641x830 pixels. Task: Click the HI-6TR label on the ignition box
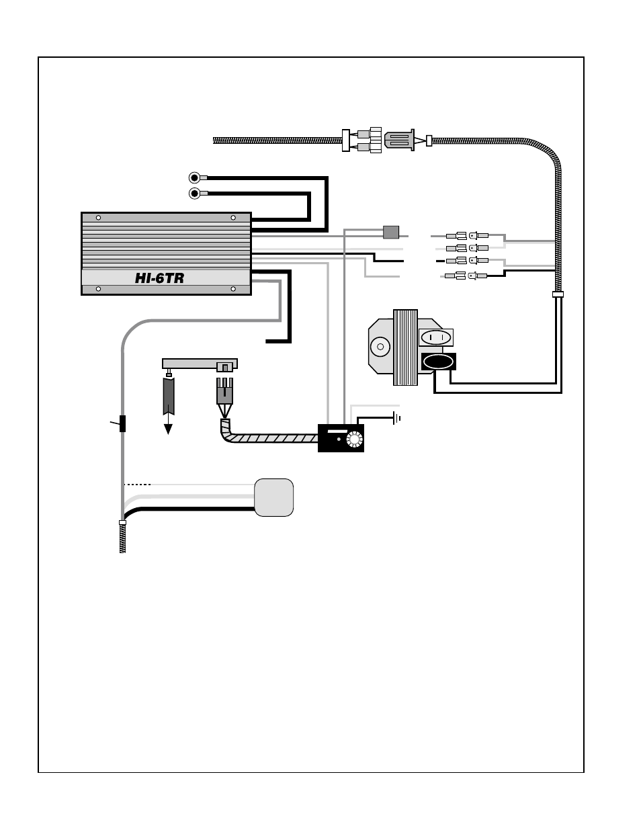point(159,278)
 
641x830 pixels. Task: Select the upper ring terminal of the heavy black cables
point(195,177)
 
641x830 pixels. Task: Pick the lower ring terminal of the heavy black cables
point(195,194)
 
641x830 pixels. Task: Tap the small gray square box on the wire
point(390,232)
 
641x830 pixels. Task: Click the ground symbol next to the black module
point(398,418)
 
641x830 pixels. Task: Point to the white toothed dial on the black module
point(354,440)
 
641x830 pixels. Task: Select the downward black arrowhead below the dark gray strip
point(168,428)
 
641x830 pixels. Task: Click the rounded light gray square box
point(274,497)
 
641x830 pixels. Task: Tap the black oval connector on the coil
point(437,362)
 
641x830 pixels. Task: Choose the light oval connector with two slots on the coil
point(435,337)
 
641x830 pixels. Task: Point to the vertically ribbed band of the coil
point(405,347)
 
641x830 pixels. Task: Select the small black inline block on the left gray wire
point(122,424)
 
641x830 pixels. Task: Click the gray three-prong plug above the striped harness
point(224,390)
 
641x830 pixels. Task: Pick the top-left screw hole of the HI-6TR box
point(99,218)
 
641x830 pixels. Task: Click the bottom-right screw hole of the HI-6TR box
point(233,290)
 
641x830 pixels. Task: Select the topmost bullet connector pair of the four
point(467,236)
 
